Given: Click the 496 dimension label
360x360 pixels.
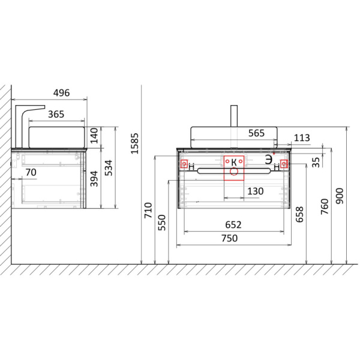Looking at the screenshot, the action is point(61,93).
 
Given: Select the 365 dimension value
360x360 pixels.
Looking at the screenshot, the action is point(56,114).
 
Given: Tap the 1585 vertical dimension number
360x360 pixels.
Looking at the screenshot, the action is point(135,143).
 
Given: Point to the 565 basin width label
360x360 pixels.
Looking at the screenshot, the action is point(256,133).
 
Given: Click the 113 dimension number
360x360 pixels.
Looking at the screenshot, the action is point(302,138).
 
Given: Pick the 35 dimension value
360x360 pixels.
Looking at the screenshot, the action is point(316,162).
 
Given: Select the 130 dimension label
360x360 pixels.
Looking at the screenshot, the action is point(256,191).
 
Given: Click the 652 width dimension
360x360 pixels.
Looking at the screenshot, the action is point(233,225).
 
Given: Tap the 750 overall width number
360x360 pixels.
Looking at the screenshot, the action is point(229,238).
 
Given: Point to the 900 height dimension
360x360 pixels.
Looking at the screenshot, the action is point(340,196).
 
